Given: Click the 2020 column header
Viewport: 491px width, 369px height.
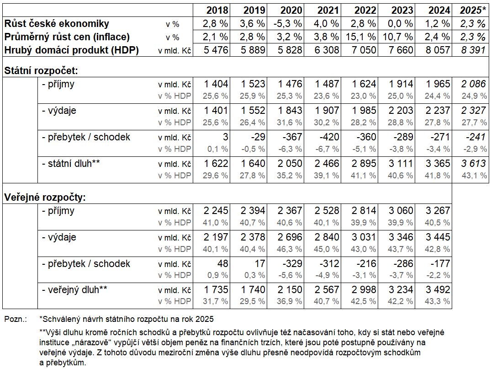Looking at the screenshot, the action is tap(291, 10).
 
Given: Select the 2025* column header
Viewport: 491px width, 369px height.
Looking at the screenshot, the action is tap(473, 10).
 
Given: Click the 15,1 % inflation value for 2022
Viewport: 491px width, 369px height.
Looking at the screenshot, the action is tap(361, 37).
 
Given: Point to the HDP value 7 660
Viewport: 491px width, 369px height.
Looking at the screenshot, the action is tap(401, 50).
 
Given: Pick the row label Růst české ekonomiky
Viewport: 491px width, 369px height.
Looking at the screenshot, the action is tap(57, 23).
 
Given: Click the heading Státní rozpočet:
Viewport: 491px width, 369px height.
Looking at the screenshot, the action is tap(41, 71).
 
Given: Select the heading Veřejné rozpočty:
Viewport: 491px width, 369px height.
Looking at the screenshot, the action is tap(45, 198).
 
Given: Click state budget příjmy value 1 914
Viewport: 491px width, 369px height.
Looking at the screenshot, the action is tap(401, 84).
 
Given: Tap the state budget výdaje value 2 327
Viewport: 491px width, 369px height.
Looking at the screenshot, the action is tap(474, 110).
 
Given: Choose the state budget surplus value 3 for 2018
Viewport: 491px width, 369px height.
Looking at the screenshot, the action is tap(225, 137).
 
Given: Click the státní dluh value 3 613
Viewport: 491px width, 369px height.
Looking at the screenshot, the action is tap(474, 163).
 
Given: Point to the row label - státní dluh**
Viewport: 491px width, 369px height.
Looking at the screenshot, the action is tap(71, 163).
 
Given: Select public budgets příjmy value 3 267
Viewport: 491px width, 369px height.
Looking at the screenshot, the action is tap(438, 210).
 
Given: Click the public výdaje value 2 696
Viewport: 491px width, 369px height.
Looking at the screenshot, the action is tap(290, 237).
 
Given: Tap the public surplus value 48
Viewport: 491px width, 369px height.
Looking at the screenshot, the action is tap(222, 263).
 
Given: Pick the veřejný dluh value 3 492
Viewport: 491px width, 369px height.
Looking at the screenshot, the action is tap(438, 289).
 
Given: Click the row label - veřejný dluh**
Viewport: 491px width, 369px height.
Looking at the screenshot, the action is tap(74, 290).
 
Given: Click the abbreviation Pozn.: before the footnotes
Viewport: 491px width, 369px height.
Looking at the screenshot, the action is tap(16, 320).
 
